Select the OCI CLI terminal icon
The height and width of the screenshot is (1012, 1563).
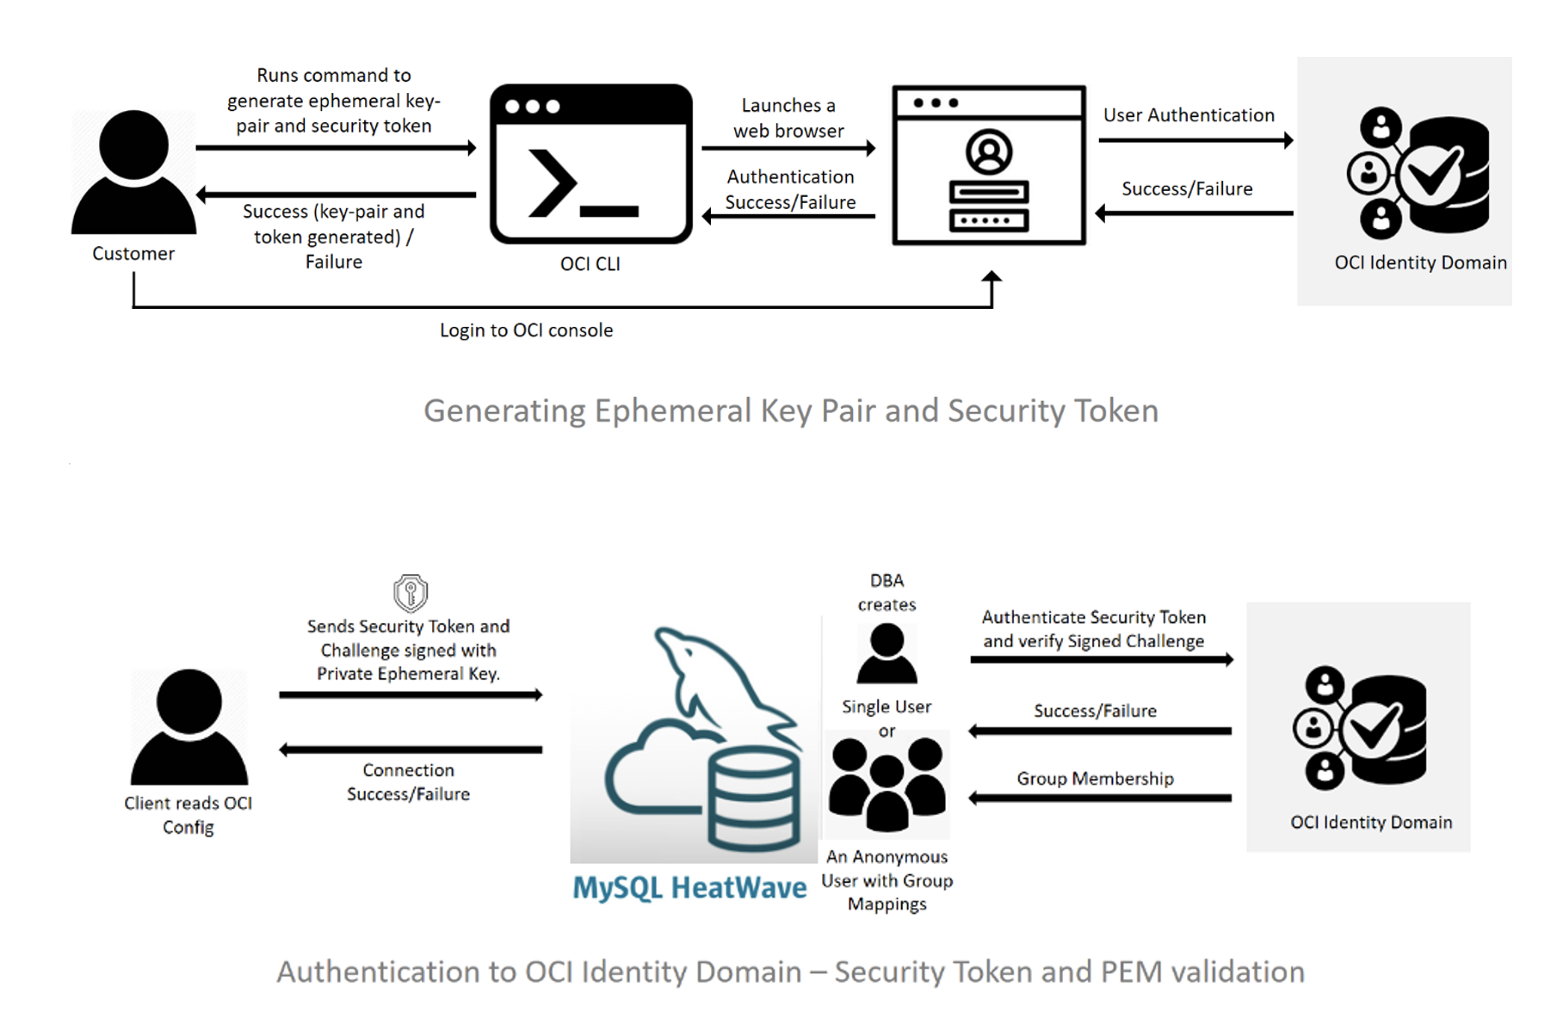590,164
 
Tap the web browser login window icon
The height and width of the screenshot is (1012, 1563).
988,165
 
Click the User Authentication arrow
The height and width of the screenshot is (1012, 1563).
1195,140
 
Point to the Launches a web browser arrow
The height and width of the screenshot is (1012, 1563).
788,148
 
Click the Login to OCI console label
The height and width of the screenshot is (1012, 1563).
526,330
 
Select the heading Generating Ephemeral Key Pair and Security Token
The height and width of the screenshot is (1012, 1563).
790,410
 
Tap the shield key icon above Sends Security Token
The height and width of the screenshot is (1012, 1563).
411,592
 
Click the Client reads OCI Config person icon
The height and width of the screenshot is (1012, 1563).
188,727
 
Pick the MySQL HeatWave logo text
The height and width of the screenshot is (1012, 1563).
689,887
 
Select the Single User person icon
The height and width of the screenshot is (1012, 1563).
887,654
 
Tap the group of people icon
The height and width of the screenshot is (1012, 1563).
887,784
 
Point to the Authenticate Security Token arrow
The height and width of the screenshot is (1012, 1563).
1101,660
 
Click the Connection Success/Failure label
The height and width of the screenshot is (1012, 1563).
408,781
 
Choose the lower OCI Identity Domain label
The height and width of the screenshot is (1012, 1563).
1370,822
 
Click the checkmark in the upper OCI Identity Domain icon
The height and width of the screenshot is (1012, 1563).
1430,174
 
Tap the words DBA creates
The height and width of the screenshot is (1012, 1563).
887,592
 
